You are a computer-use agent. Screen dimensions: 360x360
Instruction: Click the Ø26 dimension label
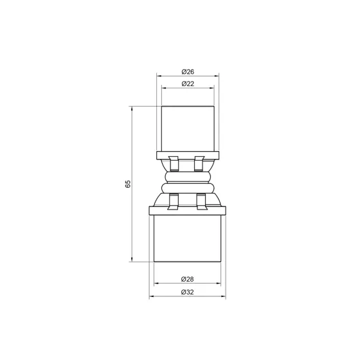[188, 72]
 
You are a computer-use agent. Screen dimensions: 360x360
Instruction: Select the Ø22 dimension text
[188, 84]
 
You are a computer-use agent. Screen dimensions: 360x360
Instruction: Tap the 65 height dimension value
[128, 184]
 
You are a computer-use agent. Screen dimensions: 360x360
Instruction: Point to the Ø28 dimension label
[188, 279]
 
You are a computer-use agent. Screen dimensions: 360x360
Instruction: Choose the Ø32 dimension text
[188, 291]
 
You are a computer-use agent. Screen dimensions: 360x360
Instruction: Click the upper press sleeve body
[188, 127]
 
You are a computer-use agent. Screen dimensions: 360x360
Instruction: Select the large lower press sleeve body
[188, 238]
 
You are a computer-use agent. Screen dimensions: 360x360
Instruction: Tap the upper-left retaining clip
[173, 164]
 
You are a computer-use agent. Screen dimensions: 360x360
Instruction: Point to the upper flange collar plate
[188, 154]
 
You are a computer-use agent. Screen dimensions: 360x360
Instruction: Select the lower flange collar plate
[188, 210]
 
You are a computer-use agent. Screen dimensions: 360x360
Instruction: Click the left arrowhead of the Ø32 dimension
[152, 297]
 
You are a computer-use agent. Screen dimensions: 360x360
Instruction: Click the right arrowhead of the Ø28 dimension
[220, 285]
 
